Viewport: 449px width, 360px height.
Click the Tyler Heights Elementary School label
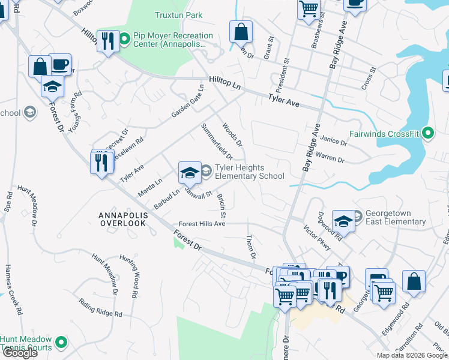[249, 172]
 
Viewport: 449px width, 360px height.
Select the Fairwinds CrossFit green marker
[427, 133]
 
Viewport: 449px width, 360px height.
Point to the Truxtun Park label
[178, 15]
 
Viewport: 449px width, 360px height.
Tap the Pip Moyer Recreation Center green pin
[125, 40]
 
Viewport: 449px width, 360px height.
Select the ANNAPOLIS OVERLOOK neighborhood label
[122, 218]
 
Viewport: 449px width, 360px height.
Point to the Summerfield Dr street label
[217, 142]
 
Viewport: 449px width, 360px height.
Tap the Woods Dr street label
[232, 135]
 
